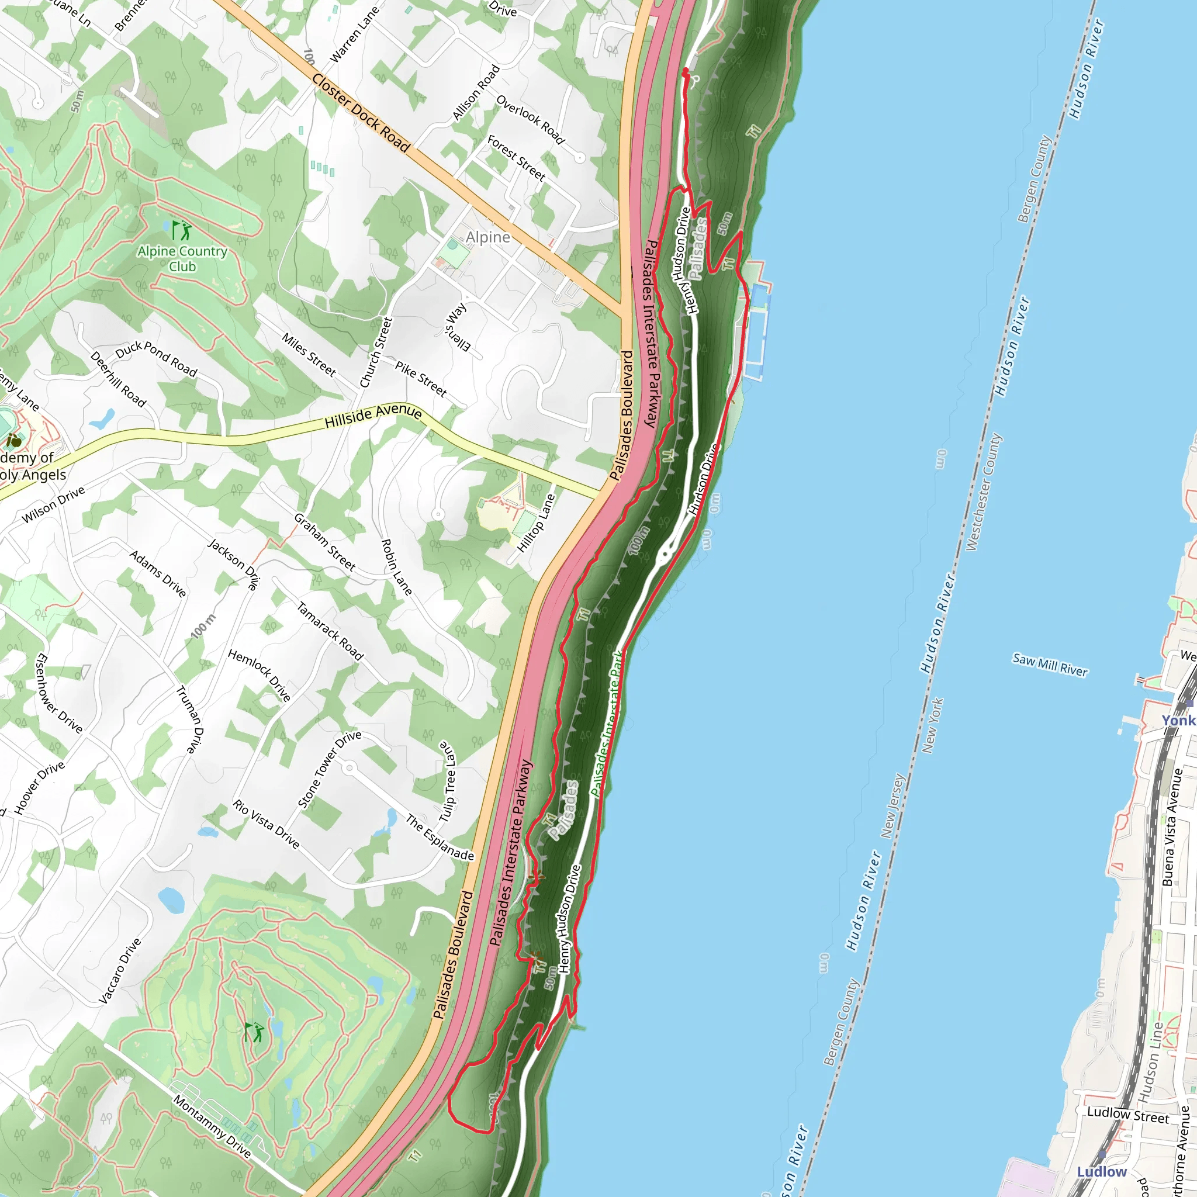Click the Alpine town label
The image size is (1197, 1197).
488,237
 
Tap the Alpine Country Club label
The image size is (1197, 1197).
182,259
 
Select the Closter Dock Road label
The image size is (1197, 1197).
361,113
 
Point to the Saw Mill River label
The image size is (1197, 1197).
1050,665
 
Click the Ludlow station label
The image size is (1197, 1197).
1102,1172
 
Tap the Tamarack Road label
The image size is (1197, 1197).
330,631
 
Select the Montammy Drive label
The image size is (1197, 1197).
212,1126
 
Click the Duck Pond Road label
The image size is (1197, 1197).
156,359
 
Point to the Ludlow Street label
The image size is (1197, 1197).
1127,1115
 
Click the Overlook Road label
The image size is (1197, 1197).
530,120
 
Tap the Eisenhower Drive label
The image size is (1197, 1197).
60,693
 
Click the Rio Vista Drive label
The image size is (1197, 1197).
266,824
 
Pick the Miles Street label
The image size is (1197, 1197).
309,355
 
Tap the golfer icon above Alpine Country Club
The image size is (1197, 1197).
182,231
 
